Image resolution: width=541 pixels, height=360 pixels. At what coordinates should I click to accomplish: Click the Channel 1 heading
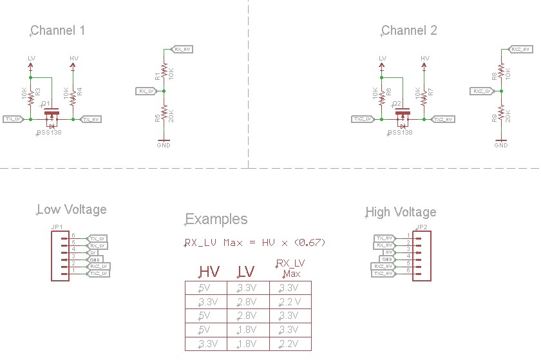58,30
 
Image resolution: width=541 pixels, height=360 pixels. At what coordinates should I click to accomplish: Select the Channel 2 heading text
409,30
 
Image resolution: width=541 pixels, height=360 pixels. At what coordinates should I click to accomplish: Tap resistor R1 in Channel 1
164,71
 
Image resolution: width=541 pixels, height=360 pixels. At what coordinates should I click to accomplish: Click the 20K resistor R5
164,114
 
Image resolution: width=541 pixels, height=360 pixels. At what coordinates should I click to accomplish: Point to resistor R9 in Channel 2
501,114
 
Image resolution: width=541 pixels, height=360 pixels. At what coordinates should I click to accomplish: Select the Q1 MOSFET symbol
52,116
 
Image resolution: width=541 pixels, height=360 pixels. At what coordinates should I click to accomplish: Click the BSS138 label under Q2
399,133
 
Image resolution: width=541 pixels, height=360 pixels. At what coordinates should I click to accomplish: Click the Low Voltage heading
71,209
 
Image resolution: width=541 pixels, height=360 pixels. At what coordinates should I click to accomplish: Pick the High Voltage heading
401,212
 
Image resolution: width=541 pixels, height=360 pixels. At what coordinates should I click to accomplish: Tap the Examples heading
216,219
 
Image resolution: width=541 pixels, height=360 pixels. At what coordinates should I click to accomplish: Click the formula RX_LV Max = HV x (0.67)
255,243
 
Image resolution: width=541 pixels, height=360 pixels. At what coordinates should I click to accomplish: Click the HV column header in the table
210,272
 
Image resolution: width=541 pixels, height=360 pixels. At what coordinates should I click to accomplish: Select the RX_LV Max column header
290,269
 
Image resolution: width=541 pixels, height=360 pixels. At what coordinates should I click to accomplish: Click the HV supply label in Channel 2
424,59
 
